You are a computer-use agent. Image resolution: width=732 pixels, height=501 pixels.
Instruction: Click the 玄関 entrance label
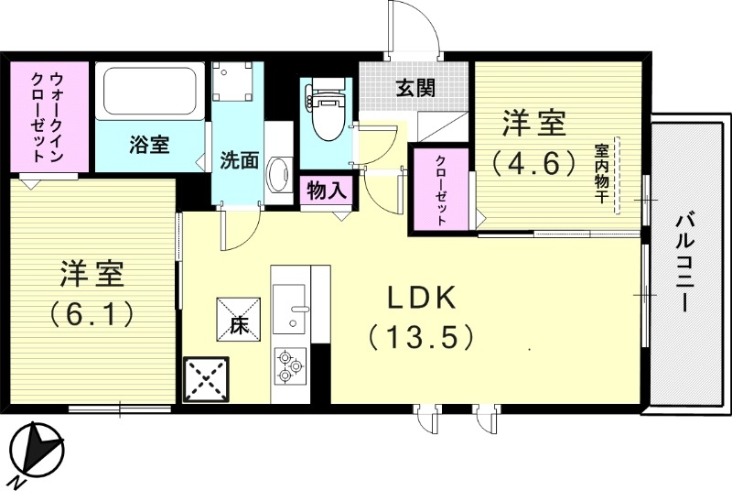[x=414, y=89]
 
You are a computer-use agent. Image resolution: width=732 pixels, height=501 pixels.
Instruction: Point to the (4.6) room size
[x=535, y=163]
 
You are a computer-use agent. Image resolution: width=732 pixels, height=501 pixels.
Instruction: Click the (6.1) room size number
[x=92, y=312]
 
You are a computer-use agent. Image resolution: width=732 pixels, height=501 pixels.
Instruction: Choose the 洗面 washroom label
[x=238, y=159]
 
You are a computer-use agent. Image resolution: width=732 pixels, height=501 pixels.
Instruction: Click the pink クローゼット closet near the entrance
[x=441, y=190]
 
